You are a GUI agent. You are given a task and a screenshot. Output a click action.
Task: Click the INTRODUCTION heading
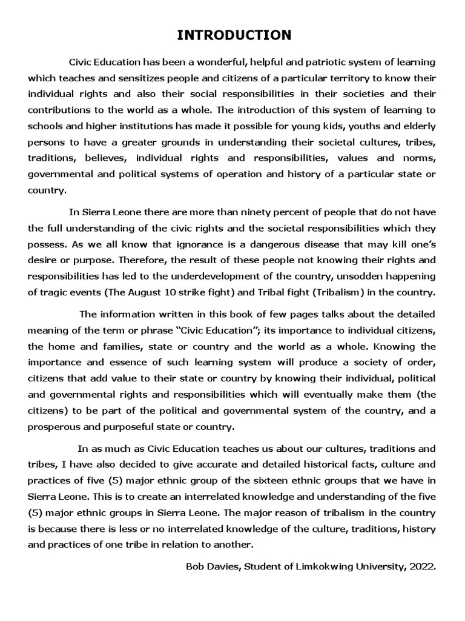(234, 36)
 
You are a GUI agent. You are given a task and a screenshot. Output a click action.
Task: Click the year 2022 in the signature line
(423, 566)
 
